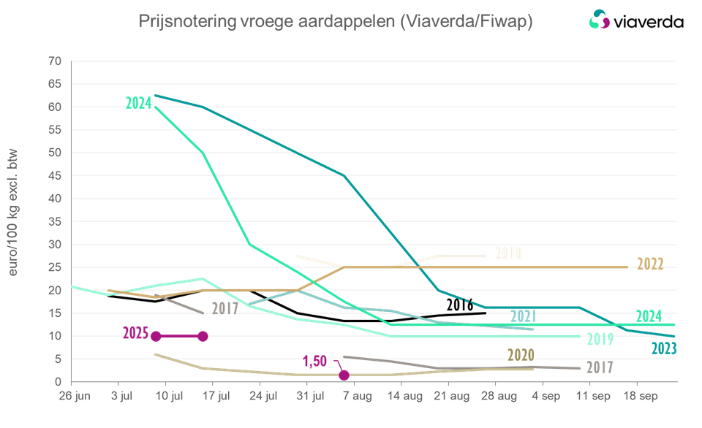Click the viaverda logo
[635, 20]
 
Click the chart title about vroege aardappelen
[335, 23]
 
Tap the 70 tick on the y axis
[53, 61]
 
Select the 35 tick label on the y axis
[53, 221]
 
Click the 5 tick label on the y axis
[57, 359]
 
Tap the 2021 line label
[522, 317]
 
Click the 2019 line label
[599, 339]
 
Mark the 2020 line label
[521, 356]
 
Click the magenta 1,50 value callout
[315, 362]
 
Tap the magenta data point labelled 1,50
[344, 375]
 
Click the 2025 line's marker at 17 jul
[203, 336]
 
